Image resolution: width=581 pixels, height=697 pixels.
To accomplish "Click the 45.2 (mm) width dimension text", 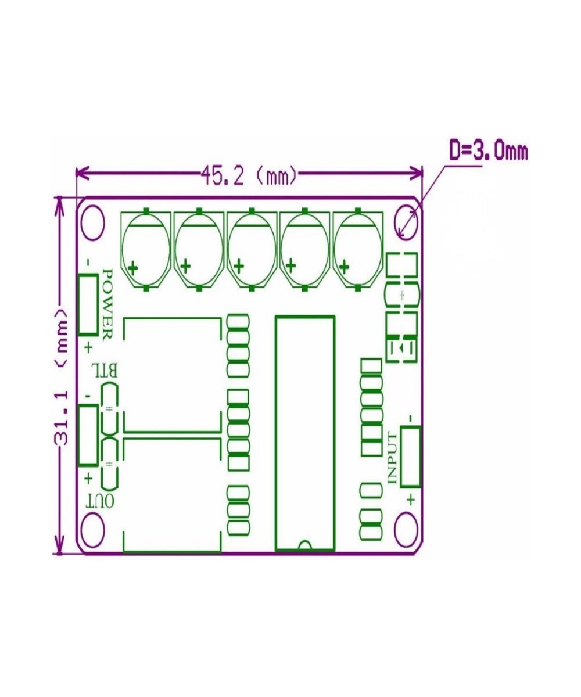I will pos(249,174).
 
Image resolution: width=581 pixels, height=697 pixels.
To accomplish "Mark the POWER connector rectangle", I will pos(88,305).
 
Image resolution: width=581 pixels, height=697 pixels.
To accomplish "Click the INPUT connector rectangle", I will pos(410,456).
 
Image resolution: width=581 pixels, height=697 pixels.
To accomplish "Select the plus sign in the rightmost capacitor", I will pos(345,267).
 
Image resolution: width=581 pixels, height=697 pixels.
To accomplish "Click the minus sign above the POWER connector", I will pos(88,262).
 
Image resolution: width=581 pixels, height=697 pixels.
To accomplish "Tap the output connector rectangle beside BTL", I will pos(88,435).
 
